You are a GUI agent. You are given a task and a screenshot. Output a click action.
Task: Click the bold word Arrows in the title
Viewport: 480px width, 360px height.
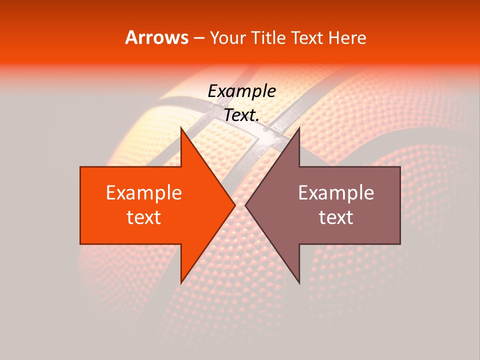[x=156, y=37]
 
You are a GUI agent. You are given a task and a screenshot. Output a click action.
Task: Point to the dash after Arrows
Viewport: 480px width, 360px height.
[x=198, y=38]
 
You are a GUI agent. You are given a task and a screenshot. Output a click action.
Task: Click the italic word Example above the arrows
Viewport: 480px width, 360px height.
[x=241, y=91]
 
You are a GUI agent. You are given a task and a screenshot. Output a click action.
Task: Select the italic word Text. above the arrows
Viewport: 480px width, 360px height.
[x=241, y=115]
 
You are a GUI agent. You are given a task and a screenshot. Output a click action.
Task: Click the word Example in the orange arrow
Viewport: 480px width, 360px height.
[x=144, y=193]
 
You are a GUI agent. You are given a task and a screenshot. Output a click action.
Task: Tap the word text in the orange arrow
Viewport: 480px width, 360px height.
[x=144, y=217]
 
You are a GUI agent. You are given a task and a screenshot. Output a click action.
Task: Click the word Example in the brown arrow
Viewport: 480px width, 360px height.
[x=336, y=193]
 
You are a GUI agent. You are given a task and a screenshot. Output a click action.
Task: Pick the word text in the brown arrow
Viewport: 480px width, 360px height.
[x=336, y=217]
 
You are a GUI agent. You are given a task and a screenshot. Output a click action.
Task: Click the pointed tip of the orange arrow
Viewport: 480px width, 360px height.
[x=235, y=205]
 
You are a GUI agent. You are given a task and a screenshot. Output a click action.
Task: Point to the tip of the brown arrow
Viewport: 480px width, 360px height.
[x=245, y=205]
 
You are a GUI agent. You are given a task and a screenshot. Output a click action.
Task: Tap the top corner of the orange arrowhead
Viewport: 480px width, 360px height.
[x=181, y=127]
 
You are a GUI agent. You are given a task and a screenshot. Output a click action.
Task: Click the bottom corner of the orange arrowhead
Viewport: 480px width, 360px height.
[x=181, y=283]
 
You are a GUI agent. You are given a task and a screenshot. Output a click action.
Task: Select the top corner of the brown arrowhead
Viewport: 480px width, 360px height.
[x=299, y=127]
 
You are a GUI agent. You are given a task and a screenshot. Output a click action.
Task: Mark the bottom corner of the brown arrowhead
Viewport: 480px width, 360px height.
[x=299, y=283]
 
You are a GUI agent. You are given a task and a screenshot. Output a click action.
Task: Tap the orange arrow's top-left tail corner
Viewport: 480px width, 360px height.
[x=80, y=167]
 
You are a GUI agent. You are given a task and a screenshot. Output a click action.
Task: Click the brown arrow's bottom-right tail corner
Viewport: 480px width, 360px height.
[x=400, y=243]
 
